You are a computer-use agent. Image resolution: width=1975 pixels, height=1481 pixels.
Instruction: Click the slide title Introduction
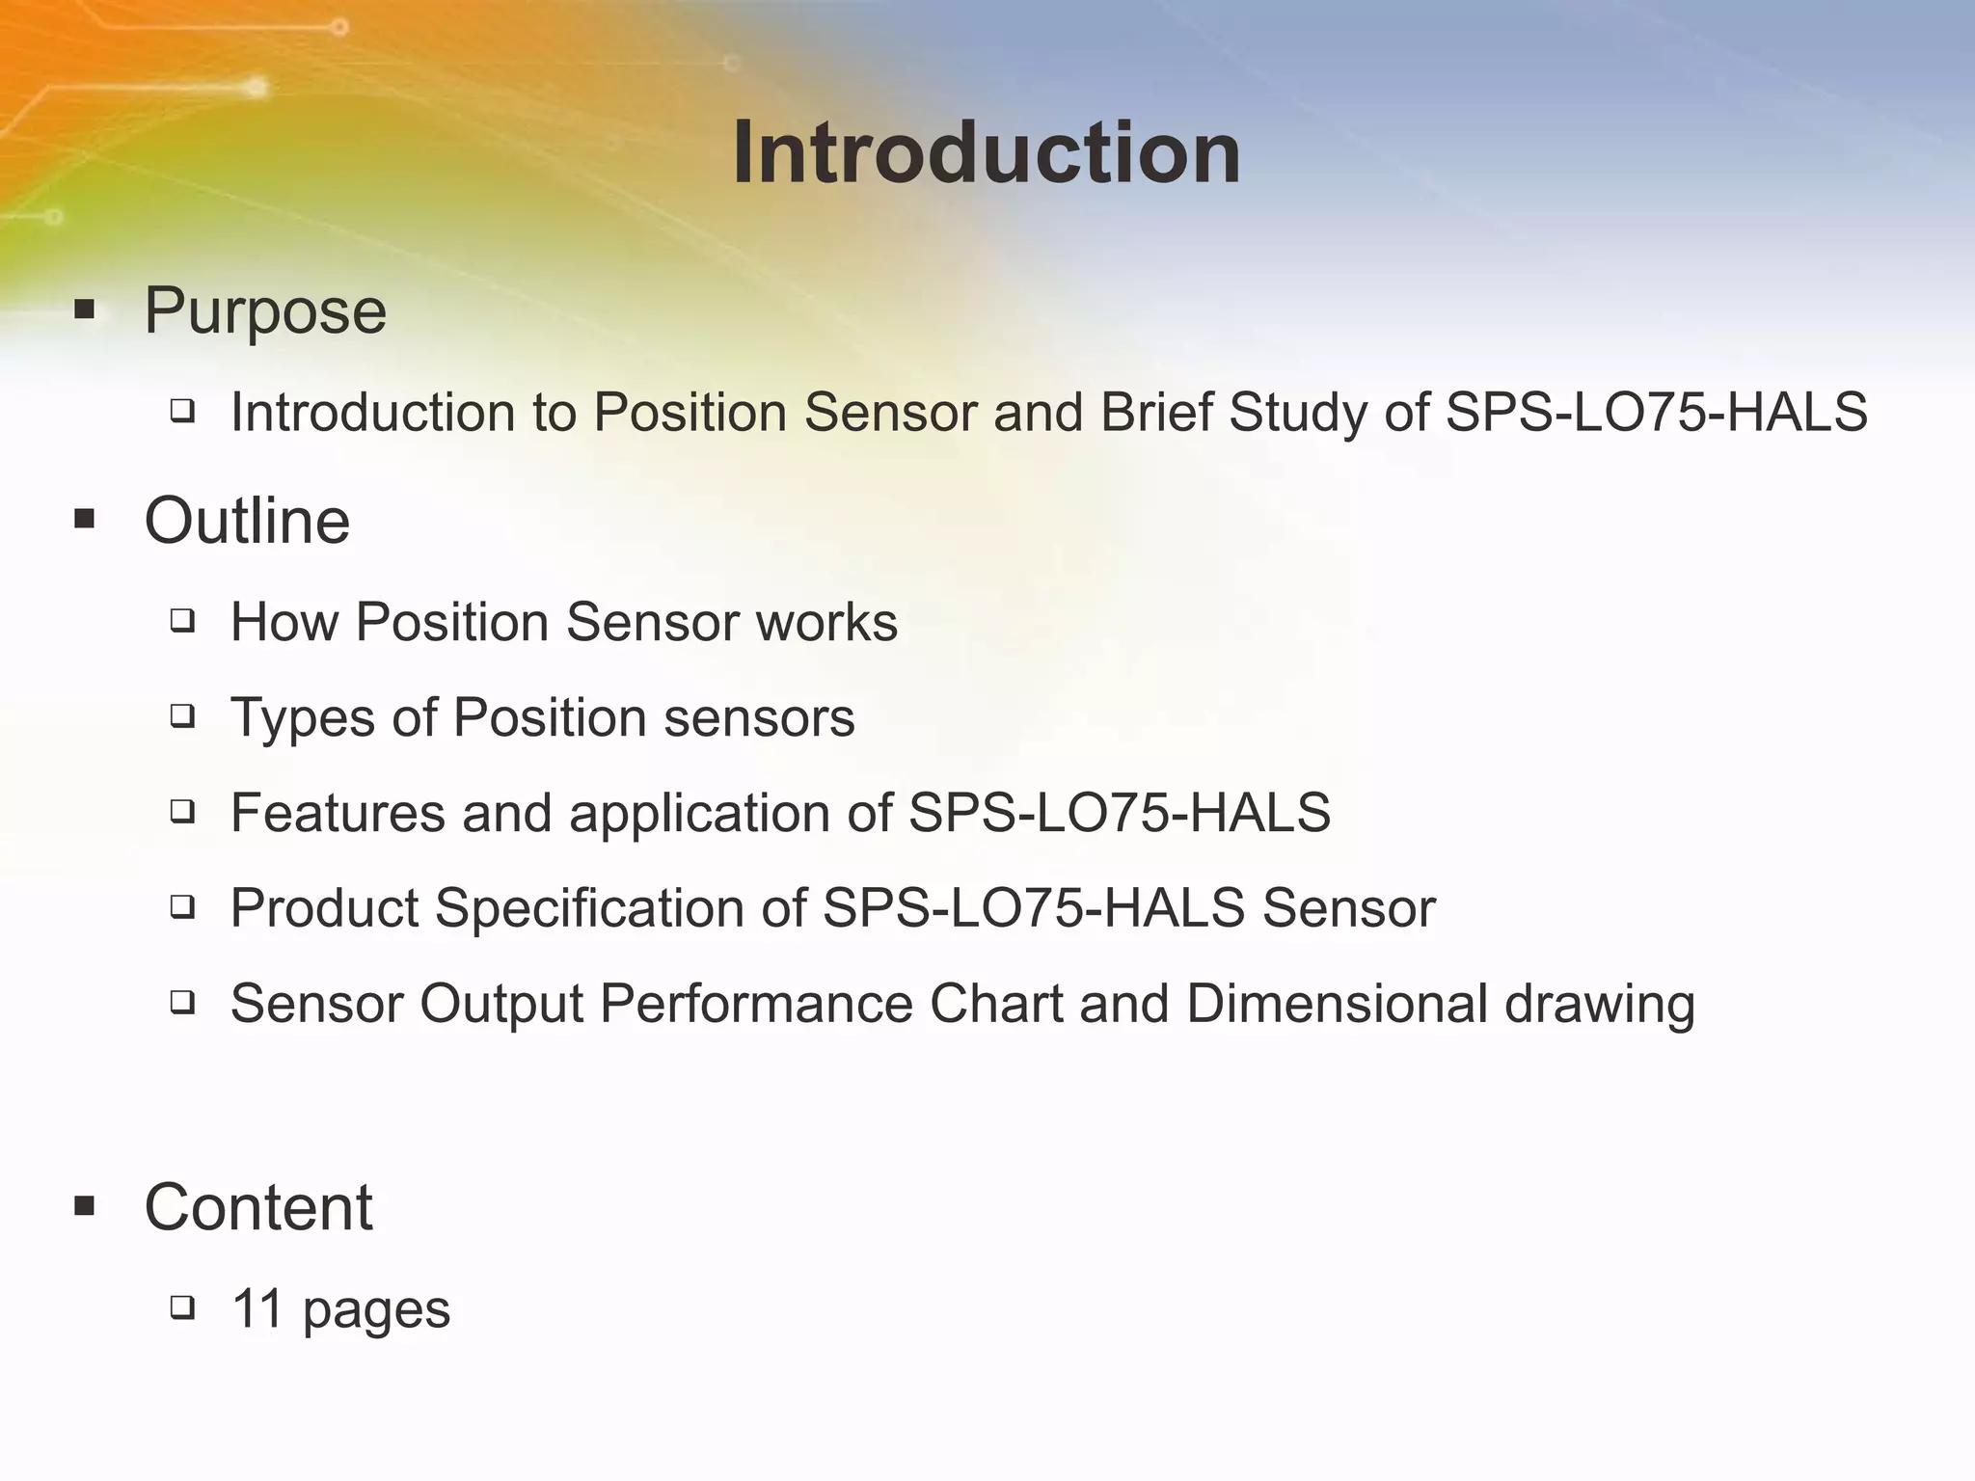coord(987,153)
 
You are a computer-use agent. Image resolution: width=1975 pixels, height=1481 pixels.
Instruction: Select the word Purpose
coord(265,311)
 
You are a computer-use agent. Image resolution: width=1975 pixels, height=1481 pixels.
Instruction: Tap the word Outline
coord(247,521)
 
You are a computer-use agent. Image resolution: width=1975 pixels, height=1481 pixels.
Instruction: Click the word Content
coord(258,1207)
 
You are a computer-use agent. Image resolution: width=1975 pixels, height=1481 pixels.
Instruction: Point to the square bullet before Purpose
coord(85,310)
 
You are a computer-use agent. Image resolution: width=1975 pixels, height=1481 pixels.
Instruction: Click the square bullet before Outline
coord(85,521)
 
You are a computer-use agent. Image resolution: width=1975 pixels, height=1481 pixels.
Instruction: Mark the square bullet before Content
coord(85,1206)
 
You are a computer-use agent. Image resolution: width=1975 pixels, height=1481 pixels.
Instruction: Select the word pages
coord(376,1311)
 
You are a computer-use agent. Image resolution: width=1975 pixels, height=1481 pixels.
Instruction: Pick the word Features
coord(338,813)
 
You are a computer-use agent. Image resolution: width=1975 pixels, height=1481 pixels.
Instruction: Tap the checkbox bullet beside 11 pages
coord(182,1307)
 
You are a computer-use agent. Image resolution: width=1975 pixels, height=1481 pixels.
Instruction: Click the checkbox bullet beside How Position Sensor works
coord(182,621)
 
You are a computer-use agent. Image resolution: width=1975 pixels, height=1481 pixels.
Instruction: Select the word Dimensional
coord(1337,1004)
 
